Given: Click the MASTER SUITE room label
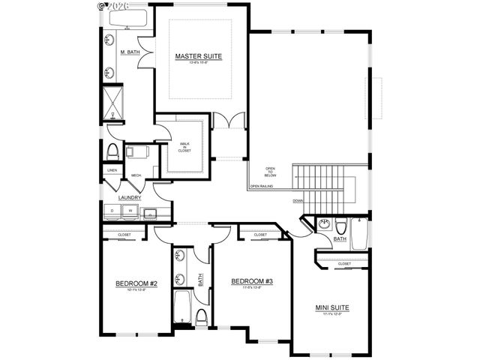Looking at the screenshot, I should click(x=199, y=56).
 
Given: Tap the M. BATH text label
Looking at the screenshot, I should click(x=130, y=52).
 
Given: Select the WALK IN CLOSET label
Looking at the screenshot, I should click(x=184, y=146).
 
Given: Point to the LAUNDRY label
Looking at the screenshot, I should click(x=130, y=198).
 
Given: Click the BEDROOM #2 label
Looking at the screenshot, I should click(x=136, y=283).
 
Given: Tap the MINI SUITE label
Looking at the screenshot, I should click(x=331, y=307).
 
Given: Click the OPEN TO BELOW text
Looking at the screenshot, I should click(x=271, y=171).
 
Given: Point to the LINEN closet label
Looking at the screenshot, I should click(x=112, y=170).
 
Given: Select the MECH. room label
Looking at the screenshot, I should click(x=136, y=175).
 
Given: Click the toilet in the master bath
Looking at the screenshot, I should click(x=112, y=151).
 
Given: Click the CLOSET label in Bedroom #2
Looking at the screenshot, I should click(x=124, y=235).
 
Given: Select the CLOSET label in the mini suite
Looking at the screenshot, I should click(x=344, y=264).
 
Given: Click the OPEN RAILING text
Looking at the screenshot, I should click(x=262, y=185).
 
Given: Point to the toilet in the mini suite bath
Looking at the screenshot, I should click(x=340, y=227).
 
